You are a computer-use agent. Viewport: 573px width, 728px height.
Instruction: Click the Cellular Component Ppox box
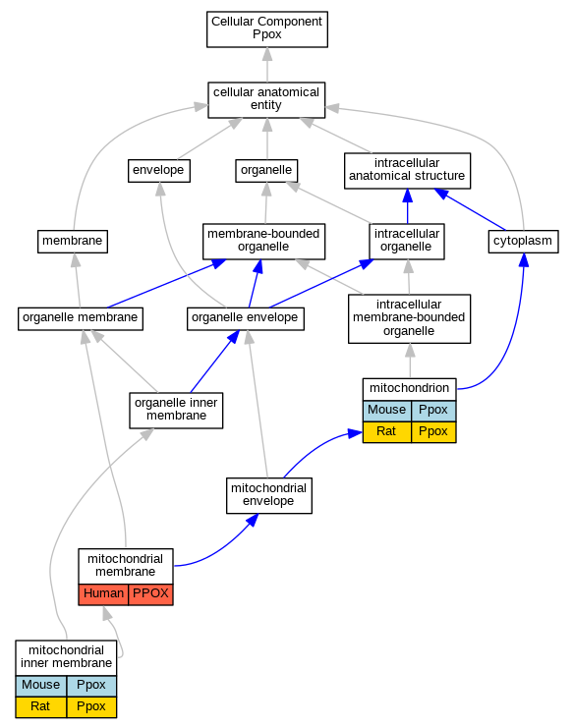[x=267, y=29]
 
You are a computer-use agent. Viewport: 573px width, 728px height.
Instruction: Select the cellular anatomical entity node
[x=266, y=100]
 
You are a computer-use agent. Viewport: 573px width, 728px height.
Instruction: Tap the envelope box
[x=159, y=171]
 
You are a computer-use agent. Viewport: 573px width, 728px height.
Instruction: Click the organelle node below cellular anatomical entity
[x=266, y=171]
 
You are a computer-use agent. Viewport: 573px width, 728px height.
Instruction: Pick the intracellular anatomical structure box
[x=407, y=171]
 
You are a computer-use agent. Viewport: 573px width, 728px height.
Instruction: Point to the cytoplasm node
[x=523, y=242]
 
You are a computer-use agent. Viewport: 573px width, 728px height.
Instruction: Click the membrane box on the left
[x=73, y=242]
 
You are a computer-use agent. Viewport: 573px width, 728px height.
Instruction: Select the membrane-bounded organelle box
[x=263, y=242]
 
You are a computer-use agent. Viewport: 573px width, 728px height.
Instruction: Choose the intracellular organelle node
[x=407, y=242]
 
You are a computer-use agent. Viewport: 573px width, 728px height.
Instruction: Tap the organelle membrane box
[x=81, y=318]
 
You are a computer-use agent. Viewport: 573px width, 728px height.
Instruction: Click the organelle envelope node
[x=246, y=318]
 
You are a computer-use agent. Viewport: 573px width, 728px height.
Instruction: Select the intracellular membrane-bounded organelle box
[x=409, y=318]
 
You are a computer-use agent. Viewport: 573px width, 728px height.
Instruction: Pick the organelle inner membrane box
[x=176, y=411]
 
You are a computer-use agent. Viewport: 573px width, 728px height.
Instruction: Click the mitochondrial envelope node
[x=269, y=495]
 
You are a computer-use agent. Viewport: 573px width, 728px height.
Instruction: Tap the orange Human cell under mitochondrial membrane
[x=103, y=594]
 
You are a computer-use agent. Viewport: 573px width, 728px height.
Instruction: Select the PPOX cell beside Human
[x=151, y=594]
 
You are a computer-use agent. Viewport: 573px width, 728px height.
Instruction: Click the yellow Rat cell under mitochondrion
[x=387, y=432]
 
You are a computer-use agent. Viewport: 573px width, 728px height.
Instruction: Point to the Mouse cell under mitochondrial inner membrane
[x=41, y=686]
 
